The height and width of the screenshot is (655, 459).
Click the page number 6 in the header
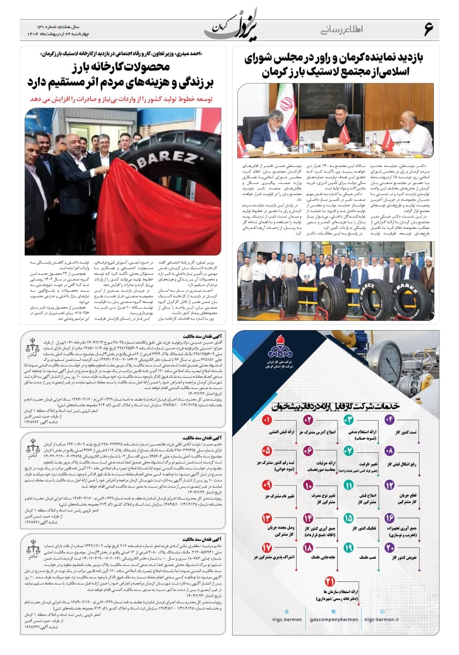coord(428,29)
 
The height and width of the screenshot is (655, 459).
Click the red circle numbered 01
coord(267,420)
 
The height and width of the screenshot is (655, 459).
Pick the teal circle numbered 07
coord(349,451)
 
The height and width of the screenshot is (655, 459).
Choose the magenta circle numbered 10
coord(308,485)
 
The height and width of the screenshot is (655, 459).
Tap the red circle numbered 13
coord(267,518)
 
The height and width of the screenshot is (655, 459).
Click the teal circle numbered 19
coord(349,548)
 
